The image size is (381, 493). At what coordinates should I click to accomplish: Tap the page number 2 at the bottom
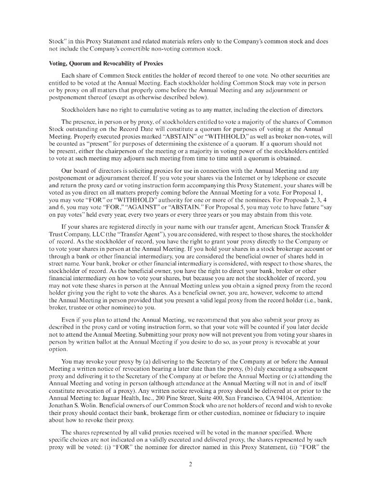pos(190,464)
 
